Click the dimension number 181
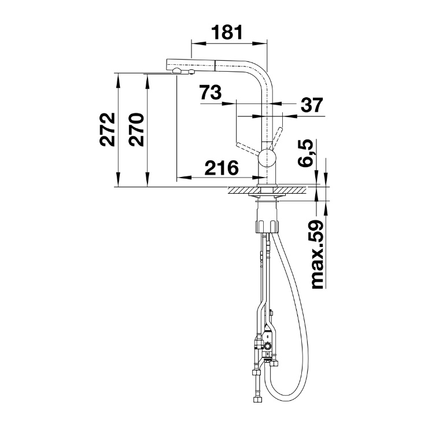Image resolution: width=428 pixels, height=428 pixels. [x=227, y=32]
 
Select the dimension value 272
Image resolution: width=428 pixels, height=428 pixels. [x=107, y=129]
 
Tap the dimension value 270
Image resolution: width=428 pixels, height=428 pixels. [x=136, y=129]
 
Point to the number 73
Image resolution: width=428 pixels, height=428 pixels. [x=210, y=93]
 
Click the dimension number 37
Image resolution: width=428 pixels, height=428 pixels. [x=312, y=105]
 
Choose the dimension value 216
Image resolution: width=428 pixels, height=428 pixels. [x=222, y=168]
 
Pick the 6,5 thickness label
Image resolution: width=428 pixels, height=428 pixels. [x=304, y=152]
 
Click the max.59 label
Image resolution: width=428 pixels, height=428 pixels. [x=317, y=254]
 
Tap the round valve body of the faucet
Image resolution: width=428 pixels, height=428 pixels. [x=267, y=158]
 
